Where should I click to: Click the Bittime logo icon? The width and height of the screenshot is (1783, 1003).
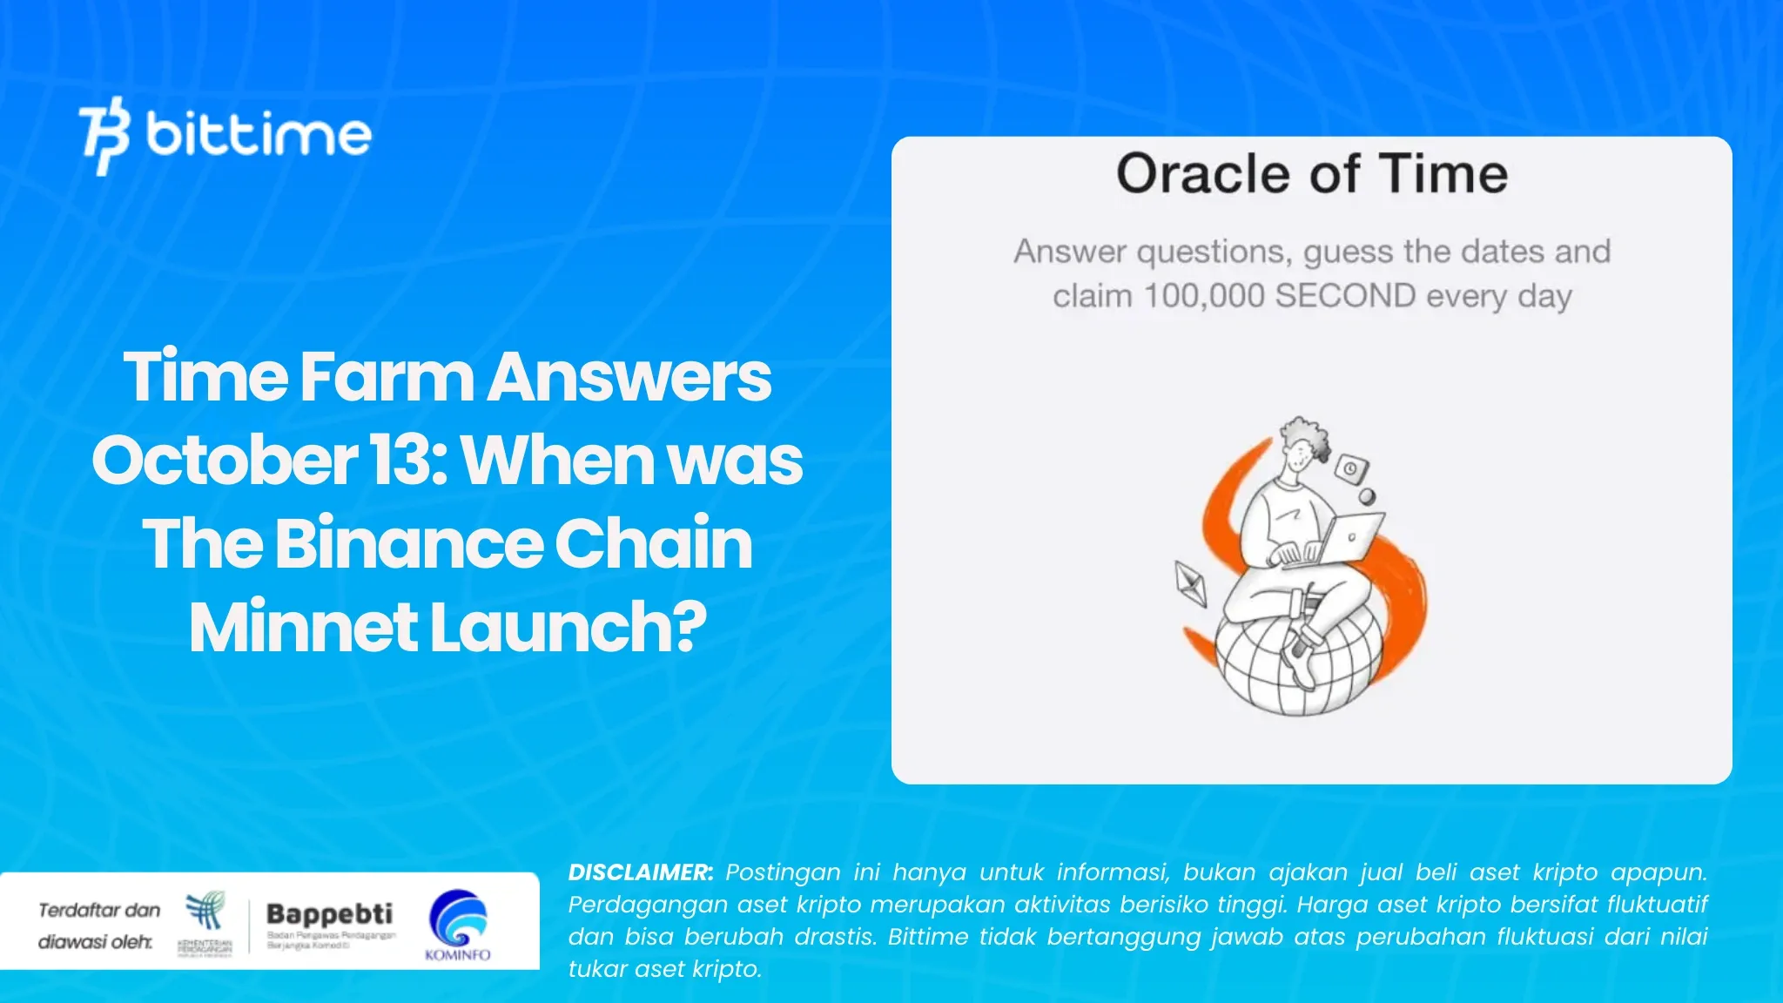(x=104, y=135)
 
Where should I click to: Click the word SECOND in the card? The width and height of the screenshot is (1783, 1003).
(x=1345, y=296)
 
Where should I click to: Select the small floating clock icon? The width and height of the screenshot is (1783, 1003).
(x=1351, y=468)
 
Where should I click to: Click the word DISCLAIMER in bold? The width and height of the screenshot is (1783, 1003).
(x=640, y=872)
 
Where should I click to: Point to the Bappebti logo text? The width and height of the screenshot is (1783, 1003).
(x=329, y=914)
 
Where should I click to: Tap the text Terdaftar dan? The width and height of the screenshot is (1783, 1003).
(x=99, y=911)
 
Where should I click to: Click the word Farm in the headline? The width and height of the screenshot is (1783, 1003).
(x=388, y=377)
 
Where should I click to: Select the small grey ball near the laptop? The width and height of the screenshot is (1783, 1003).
(x=1367, y=497)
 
